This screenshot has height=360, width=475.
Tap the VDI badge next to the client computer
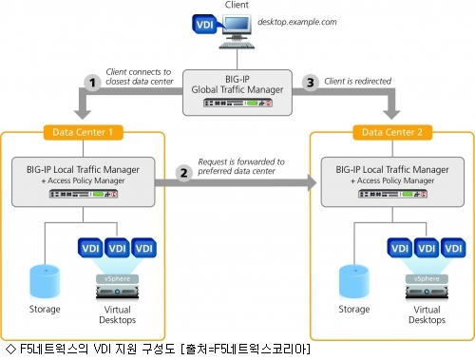click(205, 24)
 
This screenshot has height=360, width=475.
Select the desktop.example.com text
click(297, 22)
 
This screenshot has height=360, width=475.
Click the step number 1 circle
click(92, 83)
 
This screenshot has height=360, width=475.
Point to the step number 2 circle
click(184, 173)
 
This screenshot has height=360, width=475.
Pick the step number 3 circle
click(311, 83)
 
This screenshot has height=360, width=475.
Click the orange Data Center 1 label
click(83, 132)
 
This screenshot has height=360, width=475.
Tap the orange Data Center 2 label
click(392, 132)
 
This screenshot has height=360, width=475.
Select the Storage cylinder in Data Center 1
click(45, 282)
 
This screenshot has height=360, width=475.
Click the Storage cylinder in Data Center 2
click(354, 282)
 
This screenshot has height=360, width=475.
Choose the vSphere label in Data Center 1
click(117, 278)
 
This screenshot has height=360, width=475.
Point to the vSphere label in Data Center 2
click(427, 278)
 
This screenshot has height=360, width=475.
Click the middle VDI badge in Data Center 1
click(117, 248)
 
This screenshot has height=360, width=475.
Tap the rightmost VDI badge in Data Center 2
click(453, 248)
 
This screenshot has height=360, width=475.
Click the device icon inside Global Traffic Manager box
click(237, 103)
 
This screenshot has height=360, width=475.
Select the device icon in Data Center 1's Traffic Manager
click(84, 194)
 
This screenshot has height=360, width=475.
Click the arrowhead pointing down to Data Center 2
click(391, 115)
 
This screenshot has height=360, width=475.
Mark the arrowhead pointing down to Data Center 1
click(83, 115)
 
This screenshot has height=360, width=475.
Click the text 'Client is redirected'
click(358, 82)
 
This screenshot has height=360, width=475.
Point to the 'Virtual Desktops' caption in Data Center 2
click(427, 314)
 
